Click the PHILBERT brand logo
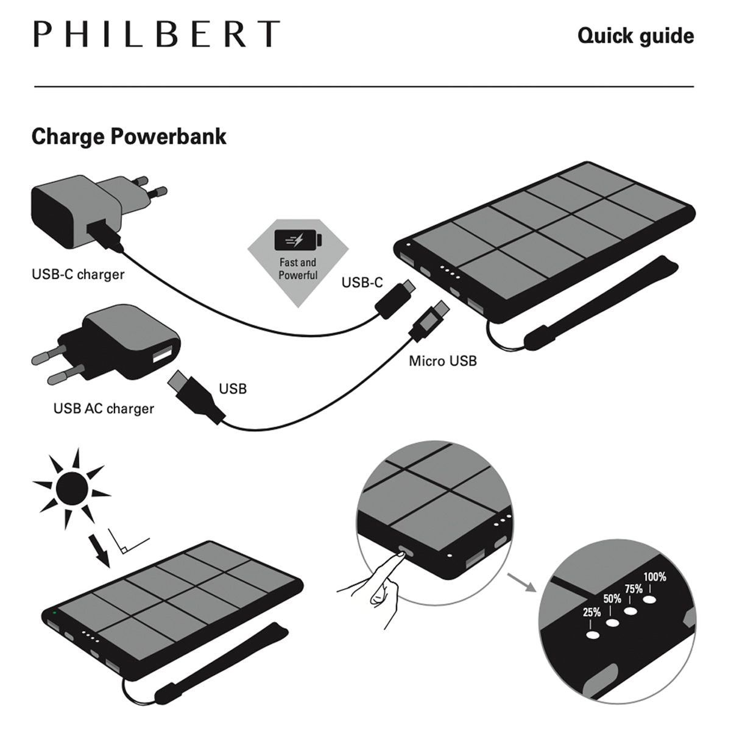click(157, 35)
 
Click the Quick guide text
click(635, 36)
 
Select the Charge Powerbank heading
click(129, 136)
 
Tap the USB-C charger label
click(77, 274)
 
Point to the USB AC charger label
click(104, 408)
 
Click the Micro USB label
click(442, 361)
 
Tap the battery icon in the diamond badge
click(297, 240)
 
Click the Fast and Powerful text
click(298, 269)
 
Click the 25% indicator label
click(592, 612)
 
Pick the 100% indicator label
click(655, 577)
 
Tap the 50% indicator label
click(612, 599)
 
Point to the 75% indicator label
click(634, 588)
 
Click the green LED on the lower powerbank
click(55, 612)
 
